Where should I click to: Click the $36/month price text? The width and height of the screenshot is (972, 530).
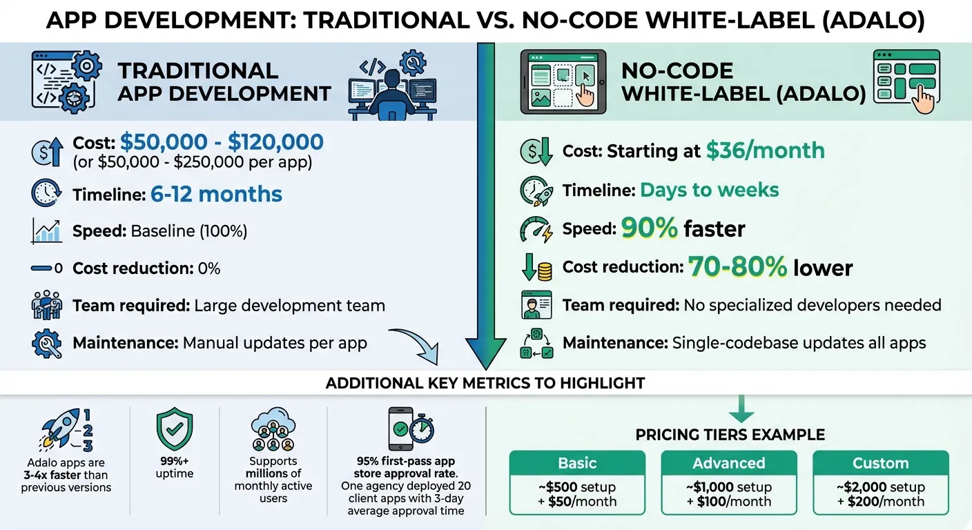coord(765,150)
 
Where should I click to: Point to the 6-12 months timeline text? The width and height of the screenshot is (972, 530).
coord(216,194)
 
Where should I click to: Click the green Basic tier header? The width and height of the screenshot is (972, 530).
coord(577,463)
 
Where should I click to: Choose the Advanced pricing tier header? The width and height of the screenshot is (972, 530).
coord(729,463)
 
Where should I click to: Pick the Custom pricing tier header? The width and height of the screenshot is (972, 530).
coord(881,463)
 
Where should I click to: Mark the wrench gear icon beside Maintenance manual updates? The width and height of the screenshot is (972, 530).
coord(47,344)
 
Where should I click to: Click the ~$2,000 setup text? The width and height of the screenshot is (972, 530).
coord(881,487)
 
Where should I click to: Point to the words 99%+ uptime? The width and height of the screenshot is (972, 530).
coord(175,467)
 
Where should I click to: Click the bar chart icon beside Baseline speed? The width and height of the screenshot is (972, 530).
coord(47,231)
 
